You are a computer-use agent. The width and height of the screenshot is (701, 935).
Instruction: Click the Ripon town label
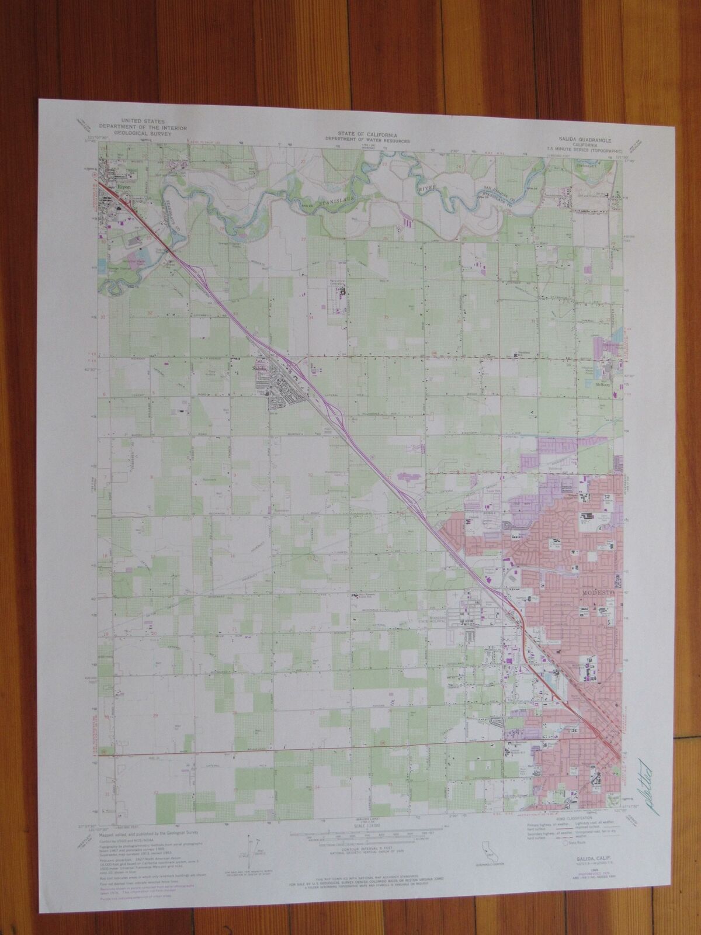[x=123, y=187]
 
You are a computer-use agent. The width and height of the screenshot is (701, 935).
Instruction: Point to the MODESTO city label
[x=596, y=591]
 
